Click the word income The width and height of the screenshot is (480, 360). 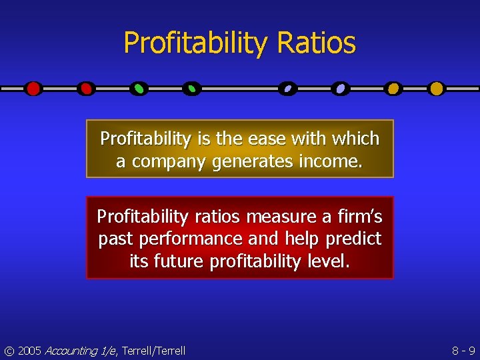click(x=328, y=162)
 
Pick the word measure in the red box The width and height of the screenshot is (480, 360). click(x=274, y=217)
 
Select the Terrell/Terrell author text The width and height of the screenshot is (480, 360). click(x=154, y=351)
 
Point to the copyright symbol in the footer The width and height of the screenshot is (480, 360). click(x=9, y=351)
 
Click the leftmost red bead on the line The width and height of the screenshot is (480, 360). click(x=33, y=88)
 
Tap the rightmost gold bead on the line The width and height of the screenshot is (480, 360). click(x=436, y=88)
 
